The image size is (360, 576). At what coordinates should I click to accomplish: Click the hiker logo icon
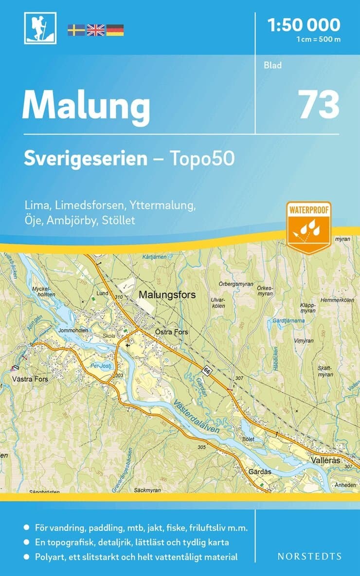pos(40,28)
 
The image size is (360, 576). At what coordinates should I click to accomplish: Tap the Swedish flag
pos(76,30)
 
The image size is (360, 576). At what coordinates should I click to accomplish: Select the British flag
pos(95,30)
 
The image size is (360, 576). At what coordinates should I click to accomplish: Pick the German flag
pos(115,30)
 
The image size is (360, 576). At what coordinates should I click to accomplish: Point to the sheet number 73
pos(319,105)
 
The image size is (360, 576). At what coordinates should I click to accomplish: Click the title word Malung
pos(86,106)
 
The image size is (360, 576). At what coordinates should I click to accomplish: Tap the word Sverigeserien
pos(86,159)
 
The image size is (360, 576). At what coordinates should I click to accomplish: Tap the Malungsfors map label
pos(167,295)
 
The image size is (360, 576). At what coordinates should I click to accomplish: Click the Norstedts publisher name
pos(309,556)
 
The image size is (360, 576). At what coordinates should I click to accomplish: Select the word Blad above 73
pos(272,65)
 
